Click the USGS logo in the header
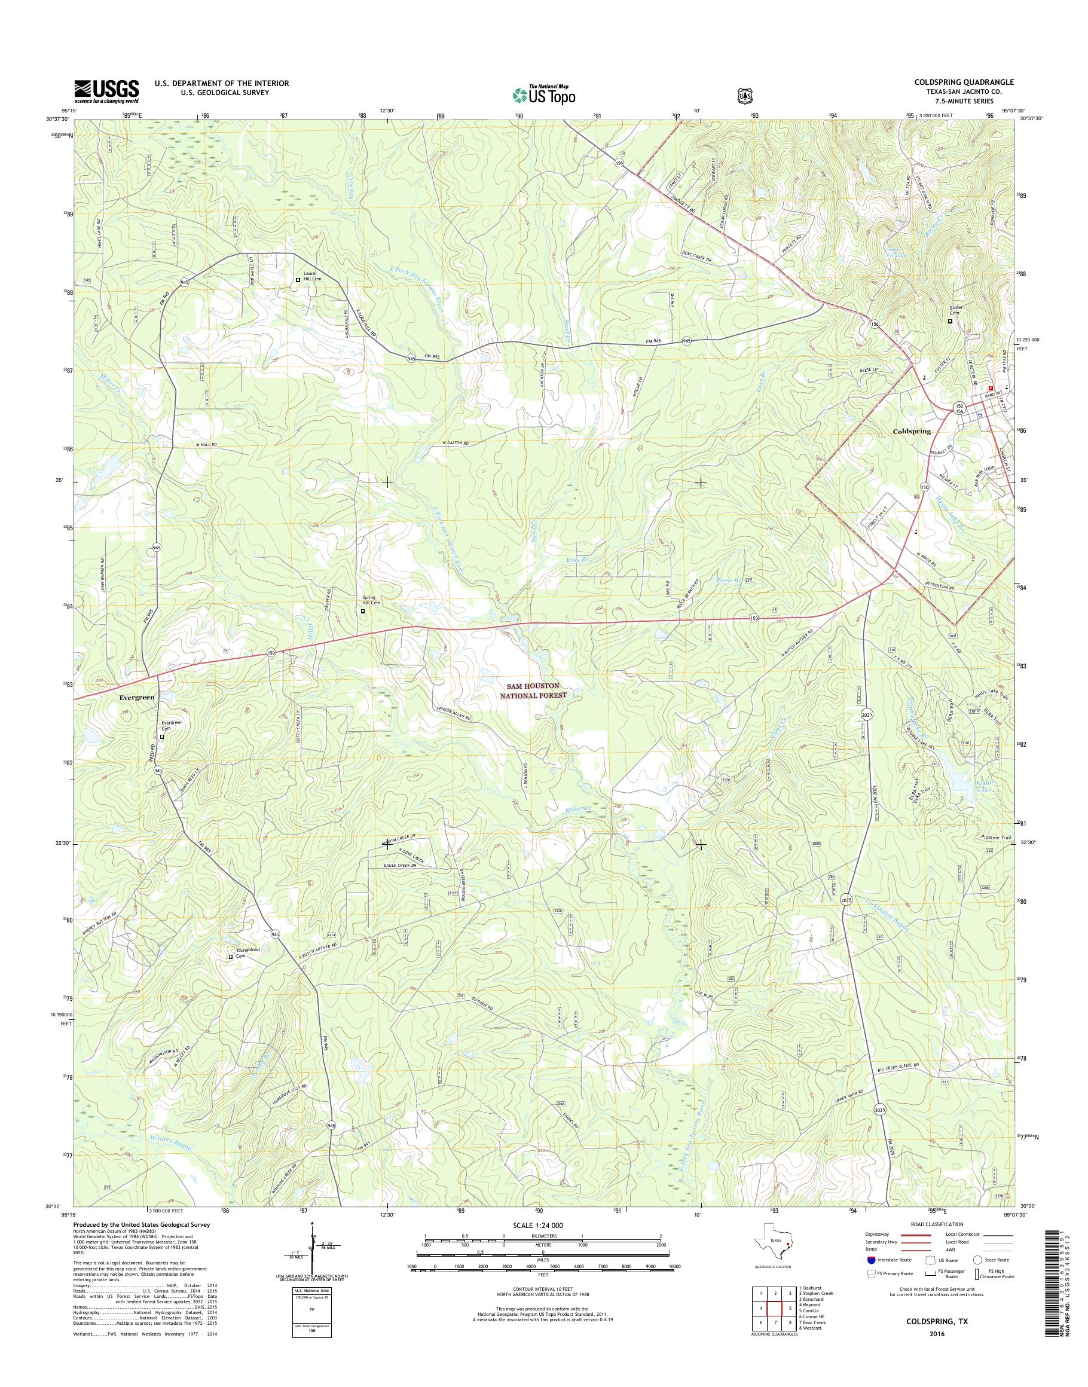pyautogui.click(x=106, y=90)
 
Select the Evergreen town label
pyautogui.click(x=137, y=698)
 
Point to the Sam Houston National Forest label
pyautogui.click(x=536, y=691)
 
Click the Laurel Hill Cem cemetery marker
pyautogui.click(x=298, y=280)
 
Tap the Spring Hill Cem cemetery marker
pyautogui.click(x=363, y=611)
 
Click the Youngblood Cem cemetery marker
pyautogui.click(x=231, y=957)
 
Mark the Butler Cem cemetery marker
pyautogui.click(x=951, y=321)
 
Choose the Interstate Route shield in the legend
pyautogui.click(x=871, y=1260)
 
